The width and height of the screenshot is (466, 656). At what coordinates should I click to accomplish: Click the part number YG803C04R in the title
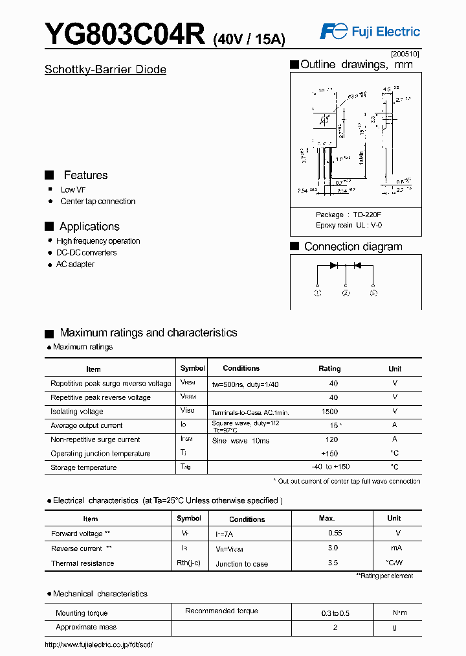(125, 34)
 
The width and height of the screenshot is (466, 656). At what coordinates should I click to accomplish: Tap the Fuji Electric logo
(370, 31)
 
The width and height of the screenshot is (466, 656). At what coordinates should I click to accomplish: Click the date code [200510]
(405, 54)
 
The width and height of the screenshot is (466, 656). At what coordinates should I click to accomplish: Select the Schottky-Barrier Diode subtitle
(105, 69)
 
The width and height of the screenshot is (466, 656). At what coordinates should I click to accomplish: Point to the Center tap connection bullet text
(98, 202)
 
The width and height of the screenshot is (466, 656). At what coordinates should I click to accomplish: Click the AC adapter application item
(75, 264)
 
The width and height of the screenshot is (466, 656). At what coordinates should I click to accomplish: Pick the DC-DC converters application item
(86, 253)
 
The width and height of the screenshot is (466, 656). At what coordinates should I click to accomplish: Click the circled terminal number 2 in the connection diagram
(346, 294)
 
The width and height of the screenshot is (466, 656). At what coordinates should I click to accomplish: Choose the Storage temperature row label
(83, 467)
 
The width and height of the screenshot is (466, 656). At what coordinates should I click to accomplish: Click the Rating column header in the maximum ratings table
(329, 368)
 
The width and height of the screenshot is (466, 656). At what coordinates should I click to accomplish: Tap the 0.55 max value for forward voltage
(335, 533)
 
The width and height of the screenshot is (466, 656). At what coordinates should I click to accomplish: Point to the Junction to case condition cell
(241, 564)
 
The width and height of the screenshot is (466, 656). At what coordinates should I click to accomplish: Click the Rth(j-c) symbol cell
(189, 563)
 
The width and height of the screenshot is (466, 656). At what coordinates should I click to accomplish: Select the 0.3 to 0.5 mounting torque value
(335, 613)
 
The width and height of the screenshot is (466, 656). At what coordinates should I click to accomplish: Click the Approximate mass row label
(85, 627)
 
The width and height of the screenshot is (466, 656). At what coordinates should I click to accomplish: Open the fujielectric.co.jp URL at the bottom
(98, 644)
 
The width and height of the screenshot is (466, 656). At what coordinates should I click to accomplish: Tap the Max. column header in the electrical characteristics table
(327, 519)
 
